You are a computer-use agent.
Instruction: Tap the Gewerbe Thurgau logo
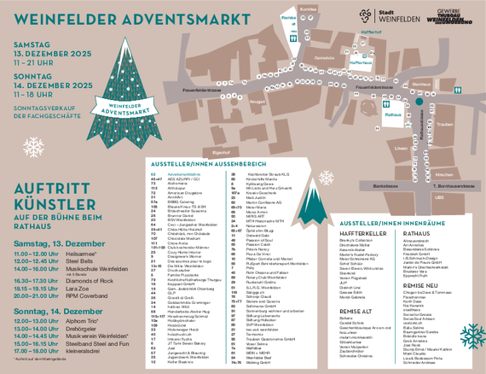(453, 15)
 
